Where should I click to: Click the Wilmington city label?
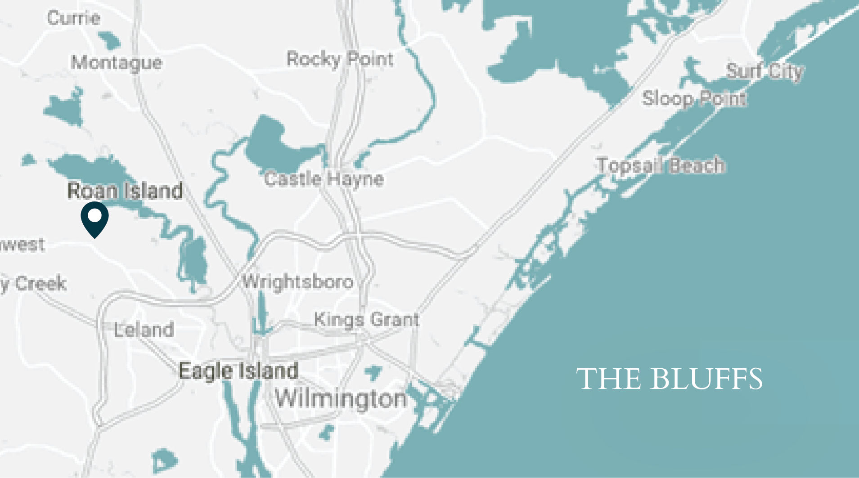click(341, 399)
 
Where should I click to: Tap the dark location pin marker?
click(94, 220)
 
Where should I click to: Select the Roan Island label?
click(125, 191)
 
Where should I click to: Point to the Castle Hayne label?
click(324, 179)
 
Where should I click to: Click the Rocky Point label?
click(340, 59)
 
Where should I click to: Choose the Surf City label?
click(765, 71)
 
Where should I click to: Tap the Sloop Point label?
click(694, 99)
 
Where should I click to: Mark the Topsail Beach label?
click(661, 165)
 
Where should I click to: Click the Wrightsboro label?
click(298, 282)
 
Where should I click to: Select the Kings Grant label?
click(366, 320)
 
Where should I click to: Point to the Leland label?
click(144, 330)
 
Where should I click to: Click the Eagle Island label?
click(238, 371)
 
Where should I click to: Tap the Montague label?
click(117, 63)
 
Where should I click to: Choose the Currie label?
click(74, 18)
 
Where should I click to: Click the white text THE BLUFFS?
click(669, 379)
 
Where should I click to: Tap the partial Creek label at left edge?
click(33, 284)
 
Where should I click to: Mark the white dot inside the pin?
click(94, 215)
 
